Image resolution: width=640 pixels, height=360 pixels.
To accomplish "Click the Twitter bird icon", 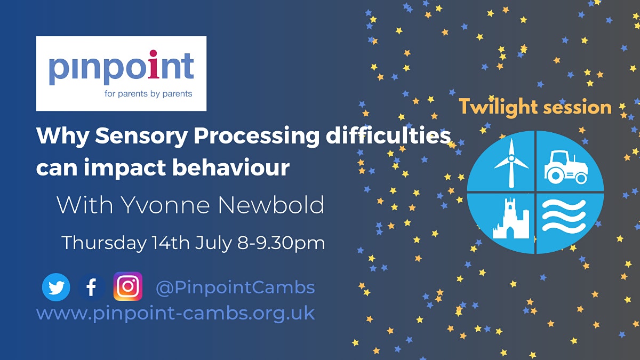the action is tap(56, 287).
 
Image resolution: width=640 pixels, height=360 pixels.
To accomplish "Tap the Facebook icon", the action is tap(91, 287).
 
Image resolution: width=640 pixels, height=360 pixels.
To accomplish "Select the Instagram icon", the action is tap(127, 286).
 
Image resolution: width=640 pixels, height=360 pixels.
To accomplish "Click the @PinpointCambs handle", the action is tap(235, 287).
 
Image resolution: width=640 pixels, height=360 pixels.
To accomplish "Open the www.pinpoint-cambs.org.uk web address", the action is tap(175, 314).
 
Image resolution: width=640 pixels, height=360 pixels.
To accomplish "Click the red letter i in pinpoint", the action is tap(154, 65).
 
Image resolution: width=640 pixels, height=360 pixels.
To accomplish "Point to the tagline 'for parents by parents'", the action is tap(148, 94).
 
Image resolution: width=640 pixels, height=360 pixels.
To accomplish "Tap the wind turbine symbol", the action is tap(511, 163).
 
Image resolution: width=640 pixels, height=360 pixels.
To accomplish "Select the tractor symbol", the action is tap(566, 167).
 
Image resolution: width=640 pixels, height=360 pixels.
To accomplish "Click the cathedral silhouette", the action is tap(511, 218).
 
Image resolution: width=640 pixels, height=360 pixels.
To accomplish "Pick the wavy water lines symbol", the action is tap(564, 215).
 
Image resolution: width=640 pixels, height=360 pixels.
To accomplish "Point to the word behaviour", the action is tap(231, 167).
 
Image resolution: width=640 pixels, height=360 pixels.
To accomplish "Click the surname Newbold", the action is tap(271, 205).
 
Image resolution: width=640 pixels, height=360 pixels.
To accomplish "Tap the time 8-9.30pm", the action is tap(281, 243).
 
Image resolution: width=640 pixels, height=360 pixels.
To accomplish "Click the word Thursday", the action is tap(104, 243).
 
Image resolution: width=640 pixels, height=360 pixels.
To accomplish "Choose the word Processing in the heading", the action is tap(257, 137).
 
